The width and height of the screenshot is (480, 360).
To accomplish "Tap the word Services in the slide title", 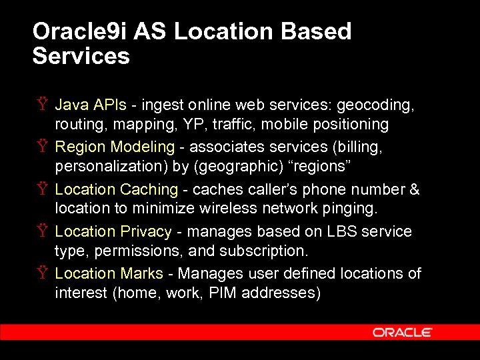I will (x=81, y=56).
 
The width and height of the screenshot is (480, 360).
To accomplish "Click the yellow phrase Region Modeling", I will (x=114, y=147).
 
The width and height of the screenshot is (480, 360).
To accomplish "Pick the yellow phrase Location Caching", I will (x=116, y=189).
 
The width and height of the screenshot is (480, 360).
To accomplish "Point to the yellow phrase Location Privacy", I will (x=113, y=231).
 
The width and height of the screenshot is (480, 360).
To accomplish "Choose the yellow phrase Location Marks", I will (x=109, y=273).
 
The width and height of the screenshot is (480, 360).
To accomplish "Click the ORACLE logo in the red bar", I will (x=403, y=332).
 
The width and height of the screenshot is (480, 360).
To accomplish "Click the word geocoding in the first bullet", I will (x=375, y=105).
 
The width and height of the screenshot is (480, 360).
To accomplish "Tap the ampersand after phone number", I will (x=415, y=189).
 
